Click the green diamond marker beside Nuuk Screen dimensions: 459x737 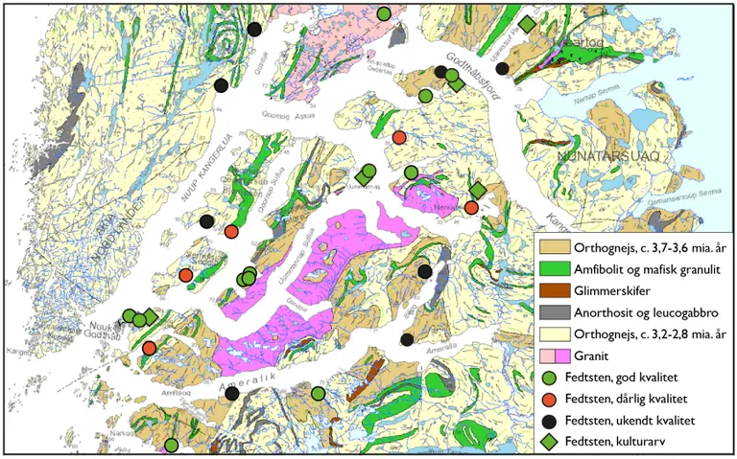coord(151,317)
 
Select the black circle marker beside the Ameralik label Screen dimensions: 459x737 coord(231,420)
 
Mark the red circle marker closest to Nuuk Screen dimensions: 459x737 coord(150,347)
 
